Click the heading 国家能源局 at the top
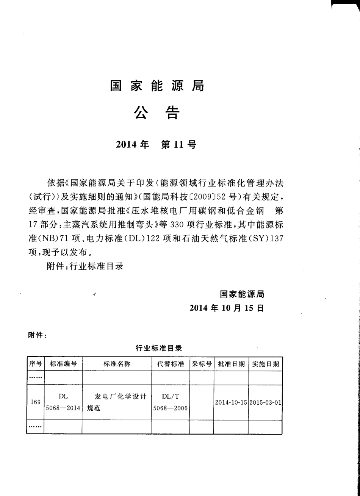point(157,86)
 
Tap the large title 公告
point(157,113)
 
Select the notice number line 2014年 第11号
point(157,144)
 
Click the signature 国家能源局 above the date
point(242,294)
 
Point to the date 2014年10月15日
point(227,308)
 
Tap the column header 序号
point(36,364)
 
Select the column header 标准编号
point(63,364)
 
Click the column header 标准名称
point(117,364)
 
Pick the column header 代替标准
point(171,364)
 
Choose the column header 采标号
point(202,364)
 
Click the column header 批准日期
point(231,364)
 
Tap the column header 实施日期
point(265,364)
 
